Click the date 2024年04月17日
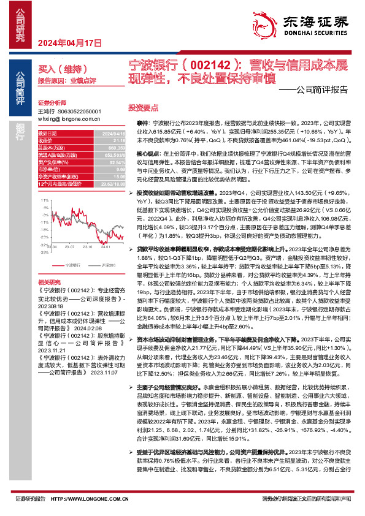click(x=69, y=43)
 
